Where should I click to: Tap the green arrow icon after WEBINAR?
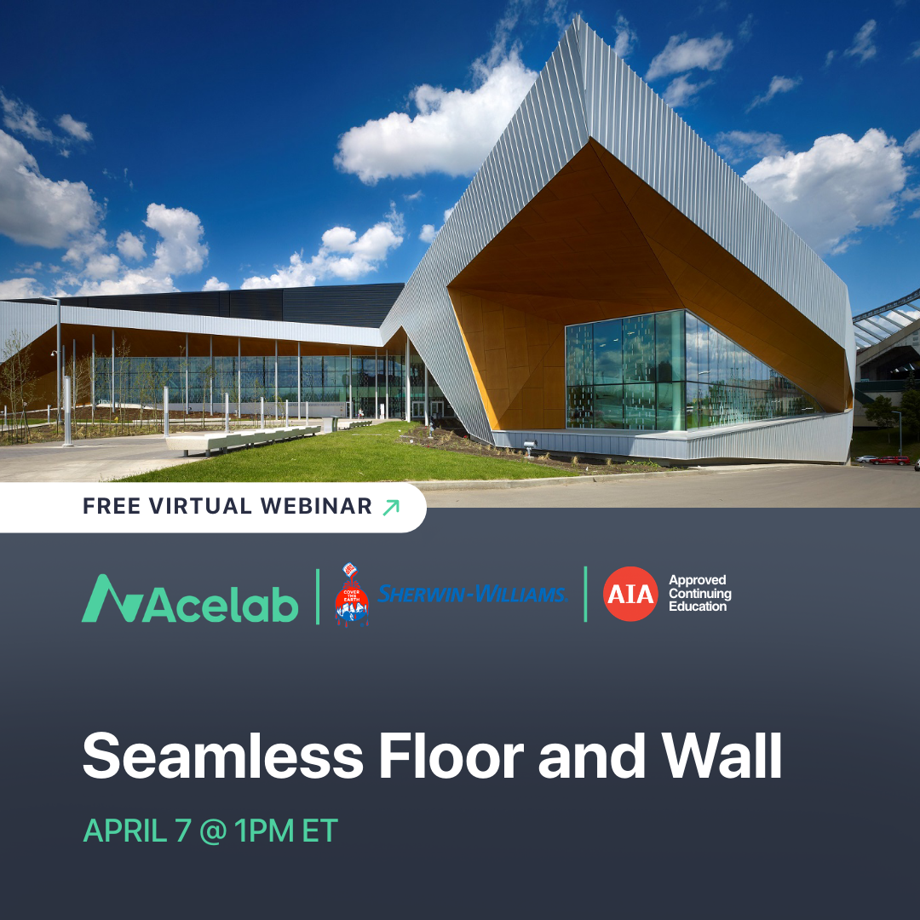(390, 508)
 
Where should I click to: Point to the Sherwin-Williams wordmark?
(473, 594)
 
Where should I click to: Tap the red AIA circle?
(630, 594)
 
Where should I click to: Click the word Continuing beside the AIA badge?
(700, 594)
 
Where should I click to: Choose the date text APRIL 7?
(137, 831)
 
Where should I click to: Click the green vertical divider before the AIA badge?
(585, 594)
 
